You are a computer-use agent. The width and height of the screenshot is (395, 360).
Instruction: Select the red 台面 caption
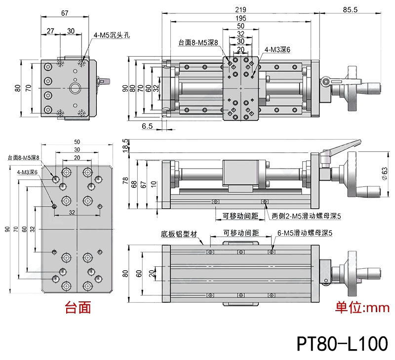[x=79, y=308]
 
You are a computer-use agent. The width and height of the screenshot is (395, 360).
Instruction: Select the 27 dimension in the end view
[x=50, y=31]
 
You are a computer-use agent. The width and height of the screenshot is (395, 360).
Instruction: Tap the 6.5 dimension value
[x=147, y=126]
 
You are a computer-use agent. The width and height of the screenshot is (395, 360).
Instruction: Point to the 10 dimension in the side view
[x=154, y=184]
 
